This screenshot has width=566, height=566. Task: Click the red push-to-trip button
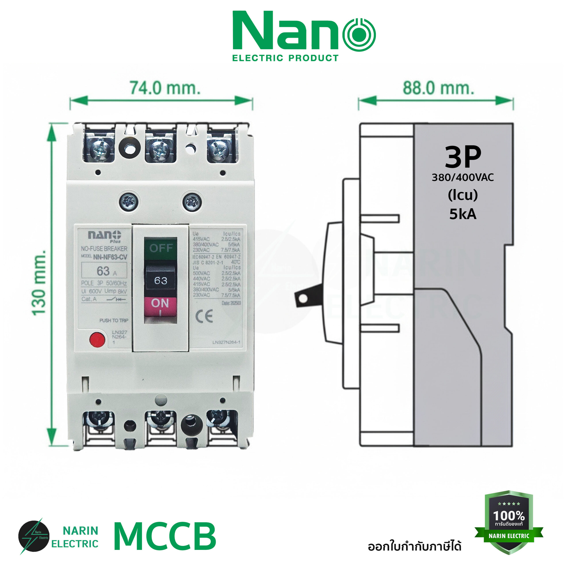(97, 340)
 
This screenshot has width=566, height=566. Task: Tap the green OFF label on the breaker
(160, 248)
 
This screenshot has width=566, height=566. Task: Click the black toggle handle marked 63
(161, 280)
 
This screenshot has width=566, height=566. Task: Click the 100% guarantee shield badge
(509, 522)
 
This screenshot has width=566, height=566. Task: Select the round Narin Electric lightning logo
(34, 536)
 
